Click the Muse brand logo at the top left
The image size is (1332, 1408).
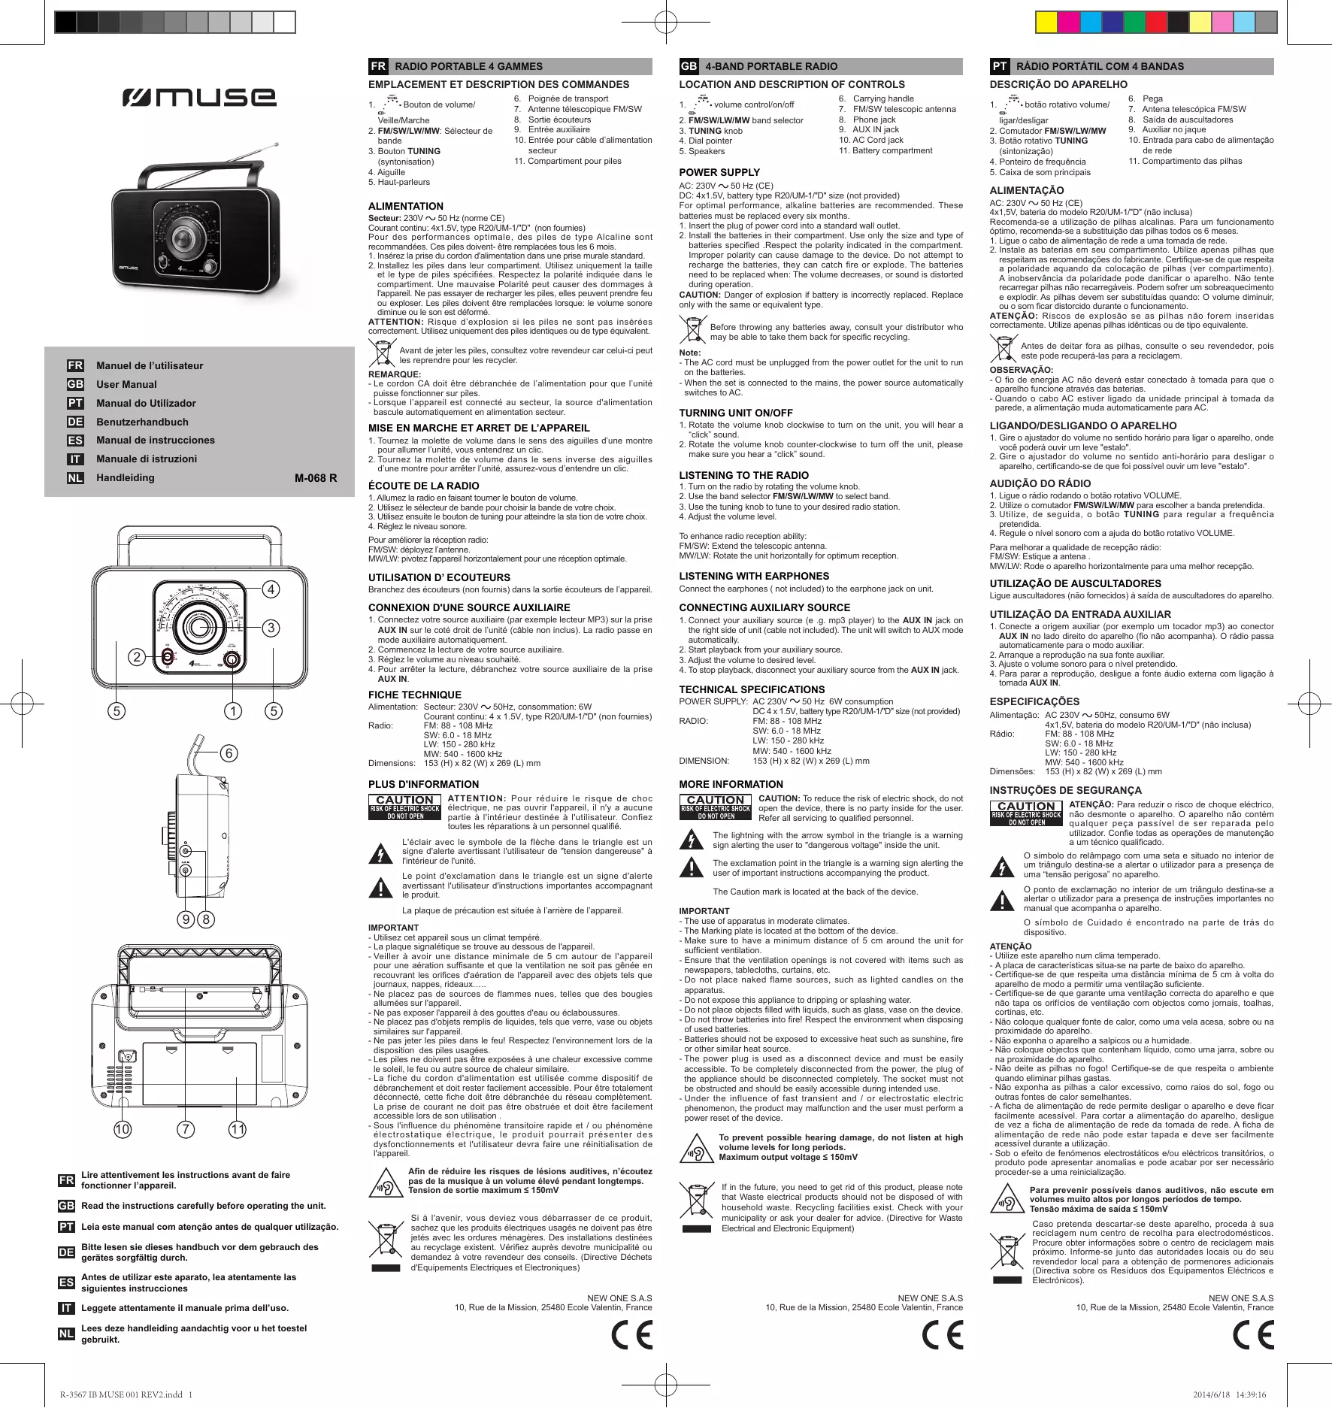click(198, 97)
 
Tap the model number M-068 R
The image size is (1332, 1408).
click(316, 478)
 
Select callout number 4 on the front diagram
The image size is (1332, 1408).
click(271, 589)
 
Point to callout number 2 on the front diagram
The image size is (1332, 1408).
click(137, 657)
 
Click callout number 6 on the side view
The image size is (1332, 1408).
click(229, 753)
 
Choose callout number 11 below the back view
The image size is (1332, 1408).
click(238, 1129)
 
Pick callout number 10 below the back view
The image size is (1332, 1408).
click(123, 1129)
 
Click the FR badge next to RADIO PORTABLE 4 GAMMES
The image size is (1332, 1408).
click(378, 66)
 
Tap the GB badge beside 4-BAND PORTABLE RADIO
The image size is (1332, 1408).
click(689, 66)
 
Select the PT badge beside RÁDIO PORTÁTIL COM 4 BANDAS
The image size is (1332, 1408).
click(999, 66)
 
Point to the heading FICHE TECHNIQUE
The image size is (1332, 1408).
click(414, 695)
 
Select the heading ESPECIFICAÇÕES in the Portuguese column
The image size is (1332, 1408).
click(1034, 701)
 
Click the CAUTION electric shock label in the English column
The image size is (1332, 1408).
click(716, 807)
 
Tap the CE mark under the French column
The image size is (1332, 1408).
click(631, 1335)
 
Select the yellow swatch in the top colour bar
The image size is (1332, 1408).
click(1046, 23)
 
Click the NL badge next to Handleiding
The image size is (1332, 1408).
click(75, 478)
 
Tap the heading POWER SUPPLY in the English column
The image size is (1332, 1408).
click(719, 172)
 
